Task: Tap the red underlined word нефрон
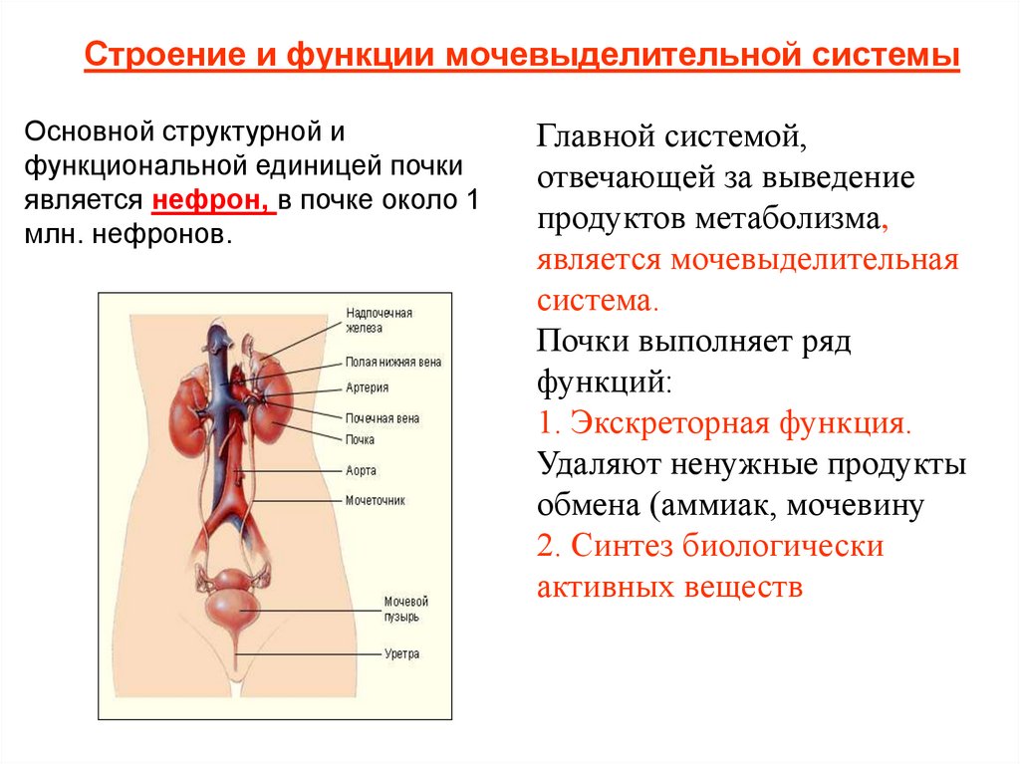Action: point(209,200)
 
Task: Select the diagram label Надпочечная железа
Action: point(379,320)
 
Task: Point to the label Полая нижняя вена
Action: point(392,363)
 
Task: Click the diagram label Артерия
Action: point(367,388)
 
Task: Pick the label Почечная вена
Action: point(382,418)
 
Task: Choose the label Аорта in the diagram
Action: point(361,470)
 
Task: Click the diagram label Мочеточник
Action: point(375,501)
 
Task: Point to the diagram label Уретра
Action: point(401,654)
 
